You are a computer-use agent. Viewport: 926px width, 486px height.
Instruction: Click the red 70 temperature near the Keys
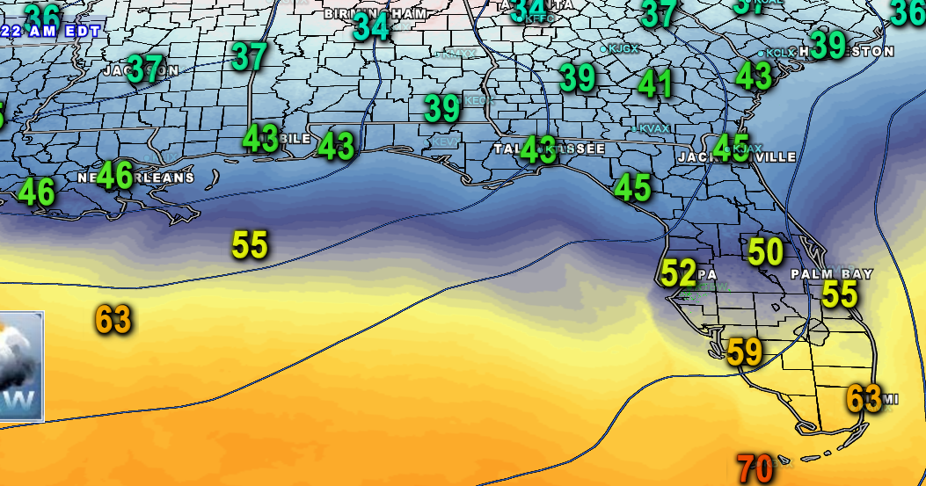coord(755,468)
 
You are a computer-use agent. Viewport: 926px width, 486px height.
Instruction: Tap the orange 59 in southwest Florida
coord(745,352)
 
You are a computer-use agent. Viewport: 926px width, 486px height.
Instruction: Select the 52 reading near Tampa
coord(678,273)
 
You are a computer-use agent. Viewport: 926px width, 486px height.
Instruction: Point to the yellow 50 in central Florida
coord(765,252)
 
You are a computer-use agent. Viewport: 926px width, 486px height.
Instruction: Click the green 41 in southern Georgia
coord(655,83)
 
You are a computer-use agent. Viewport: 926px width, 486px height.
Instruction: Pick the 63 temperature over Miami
coord(864,398)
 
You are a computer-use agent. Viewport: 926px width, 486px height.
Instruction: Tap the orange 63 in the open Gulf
coord(113,320)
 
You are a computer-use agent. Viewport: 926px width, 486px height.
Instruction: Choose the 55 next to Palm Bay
coord(839,294)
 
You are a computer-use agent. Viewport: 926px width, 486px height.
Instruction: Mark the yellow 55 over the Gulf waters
coord(250,244)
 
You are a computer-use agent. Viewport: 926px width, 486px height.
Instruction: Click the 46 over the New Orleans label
coord(115,176)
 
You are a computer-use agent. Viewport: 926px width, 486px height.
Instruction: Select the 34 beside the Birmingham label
coord(371,27)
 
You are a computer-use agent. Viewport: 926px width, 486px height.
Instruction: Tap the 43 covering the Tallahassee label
coord(538,149)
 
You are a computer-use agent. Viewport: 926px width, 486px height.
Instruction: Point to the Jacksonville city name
coord(737,157)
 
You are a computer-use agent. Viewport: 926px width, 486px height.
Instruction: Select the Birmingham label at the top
coord(376,13)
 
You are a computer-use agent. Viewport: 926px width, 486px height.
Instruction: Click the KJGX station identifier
coord(623,49)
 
